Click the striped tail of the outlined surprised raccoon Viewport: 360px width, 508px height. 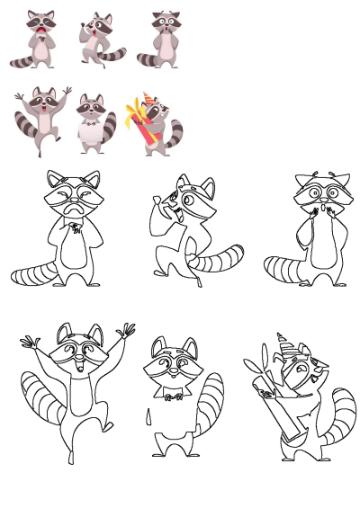[x=283, y=269]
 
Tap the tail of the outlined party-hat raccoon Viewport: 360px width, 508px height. [x=339, y=418]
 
